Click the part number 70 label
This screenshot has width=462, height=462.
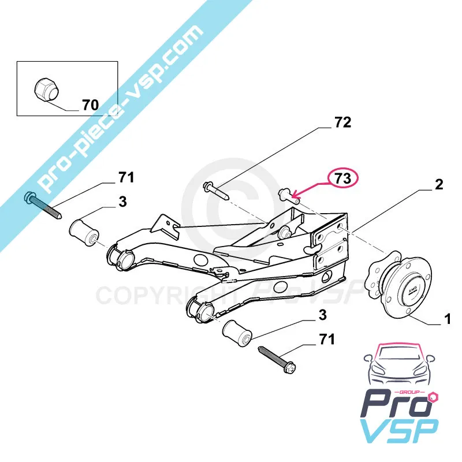90,105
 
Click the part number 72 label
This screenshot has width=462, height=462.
342,122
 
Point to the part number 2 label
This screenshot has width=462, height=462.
439,185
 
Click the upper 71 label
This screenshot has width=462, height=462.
126,177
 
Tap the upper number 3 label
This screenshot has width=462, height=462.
123,203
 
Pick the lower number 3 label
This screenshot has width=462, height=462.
322,315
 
